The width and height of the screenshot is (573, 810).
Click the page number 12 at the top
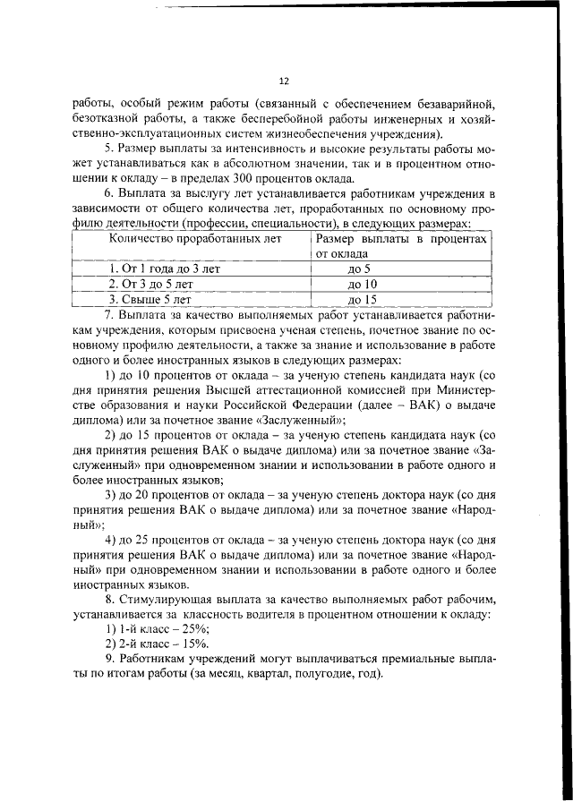(286, 80)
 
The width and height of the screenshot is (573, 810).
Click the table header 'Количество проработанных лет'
(194, 239)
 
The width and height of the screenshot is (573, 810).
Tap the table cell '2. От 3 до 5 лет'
(150, 283)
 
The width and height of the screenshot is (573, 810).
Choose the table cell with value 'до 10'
(361, 283)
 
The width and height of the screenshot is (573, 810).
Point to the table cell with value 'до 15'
(361, 299)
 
